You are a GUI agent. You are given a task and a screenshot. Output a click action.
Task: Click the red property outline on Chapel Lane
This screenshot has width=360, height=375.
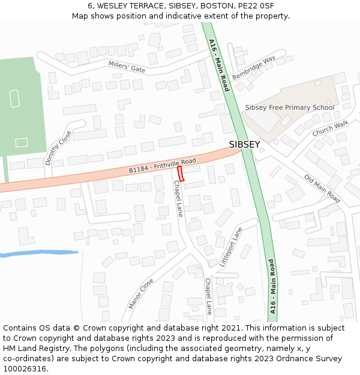(x=182, y=173)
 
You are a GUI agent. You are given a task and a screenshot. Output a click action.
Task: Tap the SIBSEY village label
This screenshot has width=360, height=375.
(x=244, y=145)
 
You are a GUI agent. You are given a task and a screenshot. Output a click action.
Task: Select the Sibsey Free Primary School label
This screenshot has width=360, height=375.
(x=289, y=108)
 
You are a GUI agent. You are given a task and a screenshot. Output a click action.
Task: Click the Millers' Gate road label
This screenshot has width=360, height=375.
(x=127, y=67)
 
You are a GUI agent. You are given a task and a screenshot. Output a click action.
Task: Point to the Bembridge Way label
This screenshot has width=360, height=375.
(x=253, y=69)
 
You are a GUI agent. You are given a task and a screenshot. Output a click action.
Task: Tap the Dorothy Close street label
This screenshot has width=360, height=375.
(x=58, y=148)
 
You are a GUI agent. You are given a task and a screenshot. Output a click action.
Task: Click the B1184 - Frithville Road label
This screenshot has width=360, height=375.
(x=162, y=166)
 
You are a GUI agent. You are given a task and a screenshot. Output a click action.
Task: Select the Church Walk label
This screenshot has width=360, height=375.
(x=330, y=128)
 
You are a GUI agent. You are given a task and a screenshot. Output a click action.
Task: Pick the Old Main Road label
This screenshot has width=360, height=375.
(x=322, y=188)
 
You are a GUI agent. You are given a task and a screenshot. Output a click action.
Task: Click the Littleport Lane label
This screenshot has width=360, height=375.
(x=231, y=246)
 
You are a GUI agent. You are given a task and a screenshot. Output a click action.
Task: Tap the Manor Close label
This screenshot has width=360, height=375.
(x=142, y=293)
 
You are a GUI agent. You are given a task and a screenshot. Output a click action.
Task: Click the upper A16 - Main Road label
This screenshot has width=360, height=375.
(x=218, y=65)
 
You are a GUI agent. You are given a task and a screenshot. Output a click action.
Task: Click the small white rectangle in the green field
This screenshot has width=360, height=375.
(x=22, y=142)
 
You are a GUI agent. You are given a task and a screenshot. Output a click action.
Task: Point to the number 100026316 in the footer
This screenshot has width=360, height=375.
(x=25, y=368)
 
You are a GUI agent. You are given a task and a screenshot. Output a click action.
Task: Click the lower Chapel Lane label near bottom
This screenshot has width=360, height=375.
(x=208, y=296)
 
